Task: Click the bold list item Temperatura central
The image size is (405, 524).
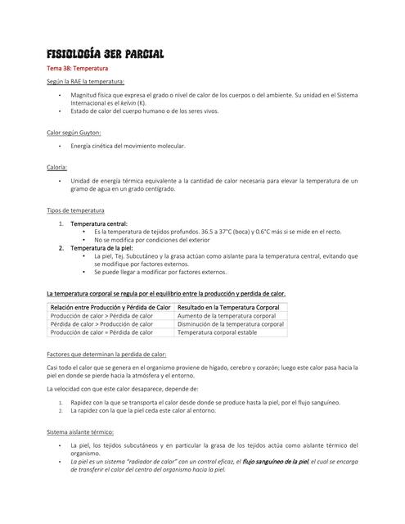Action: (x=99, y=224)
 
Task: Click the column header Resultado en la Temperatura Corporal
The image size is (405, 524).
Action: (x=229, y=306)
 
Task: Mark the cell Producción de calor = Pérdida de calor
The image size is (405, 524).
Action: (x=101, y=333)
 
